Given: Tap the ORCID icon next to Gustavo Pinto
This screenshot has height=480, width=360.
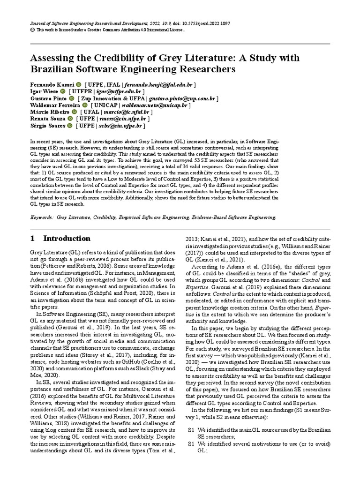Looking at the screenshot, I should pos(71,98).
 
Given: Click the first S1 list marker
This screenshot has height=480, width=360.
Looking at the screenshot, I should pos(191,430).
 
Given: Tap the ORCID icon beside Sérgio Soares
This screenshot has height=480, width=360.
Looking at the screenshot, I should pos(69,126).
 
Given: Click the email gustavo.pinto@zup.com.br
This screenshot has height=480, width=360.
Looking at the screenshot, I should pos(182,98).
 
